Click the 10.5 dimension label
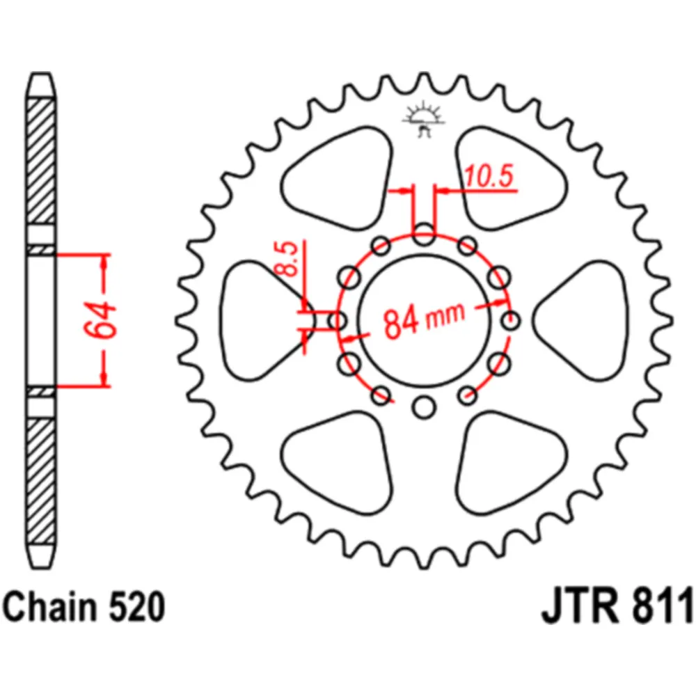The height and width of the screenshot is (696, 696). pos(489,176)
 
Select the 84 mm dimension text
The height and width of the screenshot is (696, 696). pos(423,319)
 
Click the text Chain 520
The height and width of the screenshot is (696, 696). pos(84,607)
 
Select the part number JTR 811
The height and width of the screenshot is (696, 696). pos(617,606)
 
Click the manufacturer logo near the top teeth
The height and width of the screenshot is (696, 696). pos(424,118)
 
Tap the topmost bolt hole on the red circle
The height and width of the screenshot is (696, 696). pos(424,235)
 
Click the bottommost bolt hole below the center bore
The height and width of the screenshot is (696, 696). pos(424,407)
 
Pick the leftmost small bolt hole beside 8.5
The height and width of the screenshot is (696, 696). pos(338,320)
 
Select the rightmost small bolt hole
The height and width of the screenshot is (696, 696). pos(511,320)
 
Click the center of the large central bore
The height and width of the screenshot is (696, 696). pos(425,320)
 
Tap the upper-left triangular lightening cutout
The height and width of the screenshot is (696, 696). pos(338,179)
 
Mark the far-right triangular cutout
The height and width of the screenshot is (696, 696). pos(580,320)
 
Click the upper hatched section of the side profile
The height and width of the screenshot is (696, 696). pos(41,161)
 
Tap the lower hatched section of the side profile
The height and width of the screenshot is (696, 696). pos(41,481)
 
